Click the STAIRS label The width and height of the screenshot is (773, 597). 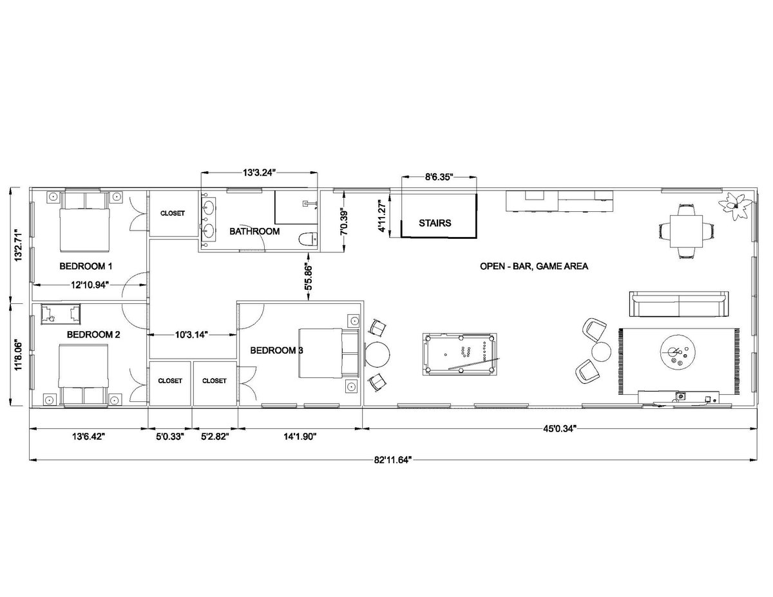435,223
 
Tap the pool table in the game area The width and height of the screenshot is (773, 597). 459,354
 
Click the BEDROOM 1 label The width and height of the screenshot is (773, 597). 86,266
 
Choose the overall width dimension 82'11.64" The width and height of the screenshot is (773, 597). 393,460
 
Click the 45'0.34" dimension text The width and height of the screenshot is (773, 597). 559,429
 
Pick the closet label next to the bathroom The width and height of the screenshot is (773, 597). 173,213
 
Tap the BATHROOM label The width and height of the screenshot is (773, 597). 254,231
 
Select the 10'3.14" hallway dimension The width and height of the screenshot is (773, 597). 192,334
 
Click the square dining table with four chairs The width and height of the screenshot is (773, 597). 686,231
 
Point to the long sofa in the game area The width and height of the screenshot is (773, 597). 679,304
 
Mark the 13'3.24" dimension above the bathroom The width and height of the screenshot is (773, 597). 260,173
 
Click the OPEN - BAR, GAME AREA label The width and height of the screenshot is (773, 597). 534,266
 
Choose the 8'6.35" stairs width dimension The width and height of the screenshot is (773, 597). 439,176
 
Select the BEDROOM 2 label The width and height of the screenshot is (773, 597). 93,335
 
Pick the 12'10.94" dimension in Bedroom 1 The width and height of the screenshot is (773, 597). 90,285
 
